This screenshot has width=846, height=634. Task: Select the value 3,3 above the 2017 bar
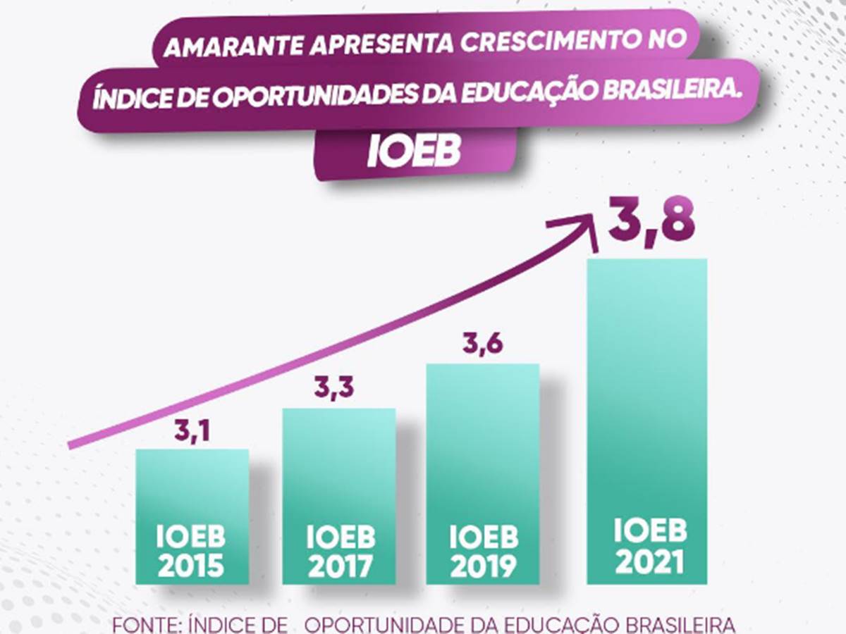(x=333, y=387)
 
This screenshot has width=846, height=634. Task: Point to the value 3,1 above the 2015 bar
(x=192, y=430)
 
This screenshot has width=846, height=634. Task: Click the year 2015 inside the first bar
(x=191, y=565)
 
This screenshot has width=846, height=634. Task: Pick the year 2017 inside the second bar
(x=340, y=565)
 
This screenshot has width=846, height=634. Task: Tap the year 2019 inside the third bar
(x=483, y=565)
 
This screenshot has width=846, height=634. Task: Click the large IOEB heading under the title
(x=414, y=151)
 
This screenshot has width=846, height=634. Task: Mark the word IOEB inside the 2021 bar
(x=650, y=530)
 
